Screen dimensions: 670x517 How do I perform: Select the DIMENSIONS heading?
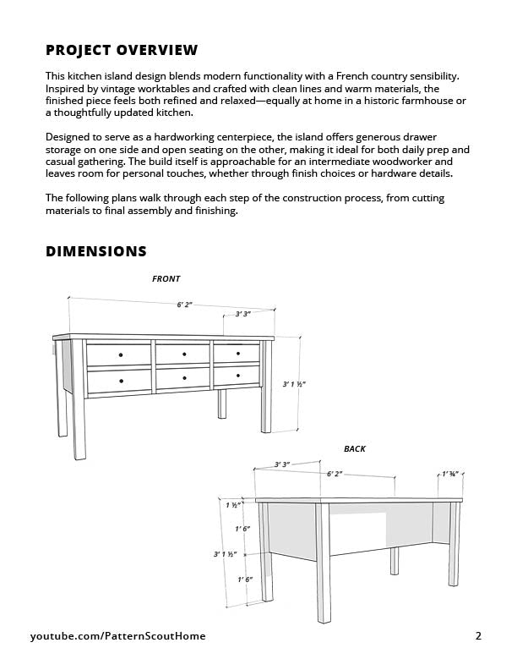coord(95,251)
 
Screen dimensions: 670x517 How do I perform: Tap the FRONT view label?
coord(166,279)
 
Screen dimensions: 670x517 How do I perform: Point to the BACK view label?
coord(355,448)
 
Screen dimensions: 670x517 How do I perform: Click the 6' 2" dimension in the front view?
coord(184,305)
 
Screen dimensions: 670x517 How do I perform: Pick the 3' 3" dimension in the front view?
coord(242,314)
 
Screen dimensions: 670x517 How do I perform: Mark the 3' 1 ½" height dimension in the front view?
coord(294,384)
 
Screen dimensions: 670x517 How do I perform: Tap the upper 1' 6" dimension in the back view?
coord(242,529)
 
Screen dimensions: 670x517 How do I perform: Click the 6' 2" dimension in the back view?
coord(335,475)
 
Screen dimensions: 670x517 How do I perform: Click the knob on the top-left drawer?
coord(121,353)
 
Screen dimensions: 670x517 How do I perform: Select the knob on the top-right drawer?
coord(237,353)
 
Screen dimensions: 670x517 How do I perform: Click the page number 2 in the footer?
coord(478,636)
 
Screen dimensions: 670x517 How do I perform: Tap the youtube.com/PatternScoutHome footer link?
coord(117,636)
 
